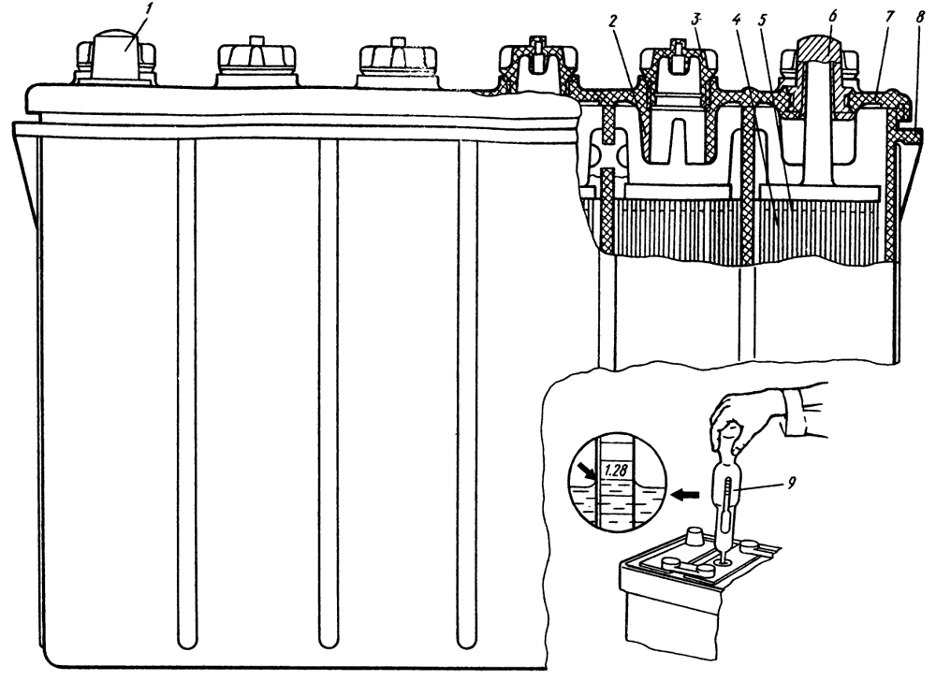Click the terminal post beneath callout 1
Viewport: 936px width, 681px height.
click(116, 58)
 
